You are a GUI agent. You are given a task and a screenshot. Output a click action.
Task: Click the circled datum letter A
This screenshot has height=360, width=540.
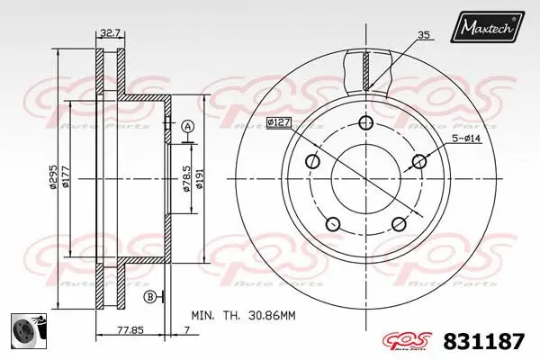(187, 126)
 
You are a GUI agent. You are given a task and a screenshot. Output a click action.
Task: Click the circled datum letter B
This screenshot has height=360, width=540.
(148, 296)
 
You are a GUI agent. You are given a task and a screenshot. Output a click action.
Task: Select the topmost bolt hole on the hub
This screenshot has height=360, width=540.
(364, 123)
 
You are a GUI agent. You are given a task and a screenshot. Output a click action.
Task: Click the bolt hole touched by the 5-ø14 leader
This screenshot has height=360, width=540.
(418, 162)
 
